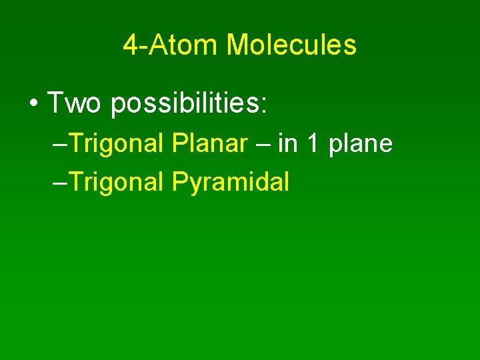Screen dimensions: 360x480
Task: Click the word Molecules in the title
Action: coord(291,45)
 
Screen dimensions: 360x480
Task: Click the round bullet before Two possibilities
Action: coord(33,104)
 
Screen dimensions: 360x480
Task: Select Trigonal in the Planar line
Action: coord(116,144)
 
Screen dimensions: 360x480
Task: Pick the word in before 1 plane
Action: coord(287,143)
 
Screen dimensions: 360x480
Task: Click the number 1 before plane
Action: coord(312,143)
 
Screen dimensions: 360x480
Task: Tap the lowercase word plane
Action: coord(361,144)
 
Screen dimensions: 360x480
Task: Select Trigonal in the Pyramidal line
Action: coord(116,181)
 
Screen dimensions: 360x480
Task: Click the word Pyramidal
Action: coord(231,181)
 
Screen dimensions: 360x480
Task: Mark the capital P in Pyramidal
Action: coord(179,181)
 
